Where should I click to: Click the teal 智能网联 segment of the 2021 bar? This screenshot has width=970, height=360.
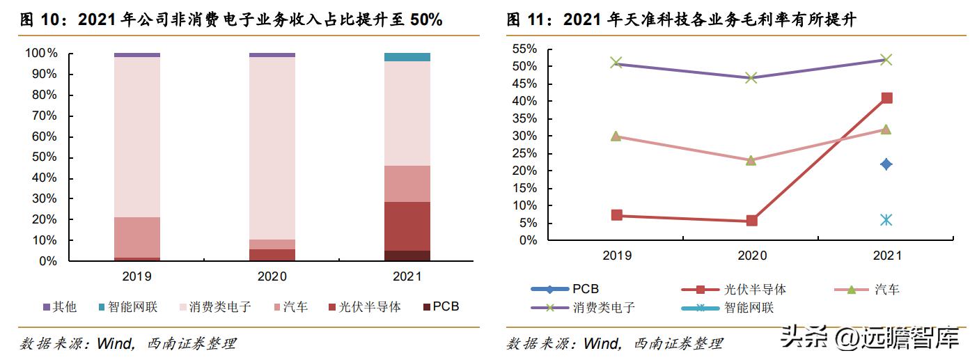pyautogui.click(x=407, y=57)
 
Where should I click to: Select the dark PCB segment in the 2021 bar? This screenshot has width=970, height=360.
pyautogui.click(x=407, y=256)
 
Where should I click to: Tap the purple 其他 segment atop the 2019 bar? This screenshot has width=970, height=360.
pyautogui.click(x=137, y=54)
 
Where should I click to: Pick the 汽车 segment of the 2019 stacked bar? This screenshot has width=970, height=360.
pyautogui.click(x=137, y=237)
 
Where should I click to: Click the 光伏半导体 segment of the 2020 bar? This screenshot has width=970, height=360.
pyautogui.click(x=272, y=255)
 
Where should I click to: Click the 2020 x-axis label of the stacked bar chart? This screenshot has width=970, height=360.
pyautogui.click(x=272, y=276)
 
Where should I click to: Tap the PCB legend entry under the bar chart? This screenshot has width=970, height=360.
pyautogui.click(x=440, y=306)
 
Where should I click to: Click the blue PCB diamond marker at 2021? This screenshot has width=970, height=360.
pyautogui.click(x=886, y=164)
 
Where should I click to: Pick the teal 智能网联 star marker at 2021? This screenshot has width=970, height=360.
pyautogui.click(x=886, y=220)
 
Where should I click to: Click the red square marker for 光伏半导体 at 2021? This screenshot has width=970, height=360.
pyautogui.click(x=886, y=98)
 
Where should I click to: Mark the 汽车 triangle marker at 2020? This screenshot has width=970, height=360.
pyautogui.click(x=751, y=160)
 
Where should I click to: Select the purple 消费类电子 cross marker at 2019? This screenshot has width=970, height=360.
pyautogui.click(x=616, y=63)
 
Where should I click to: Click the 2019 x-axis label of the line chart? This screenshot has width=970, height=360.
pyautogui.click(x=616, y=256)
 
